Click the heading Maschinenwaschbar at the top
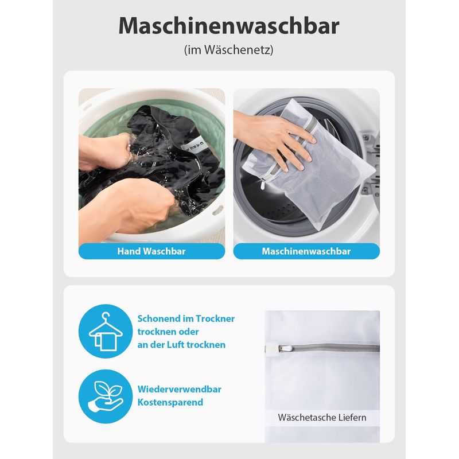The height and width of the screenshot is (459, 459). (x=229, y=26)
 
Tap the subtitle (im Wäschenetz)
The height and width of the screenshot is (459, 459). (x=228, y=50)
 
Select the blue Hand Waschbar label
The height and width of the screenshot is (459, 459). (x=151, y=251)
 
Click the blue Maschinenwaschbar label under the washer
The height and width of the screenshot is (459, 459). (x=306, y=251)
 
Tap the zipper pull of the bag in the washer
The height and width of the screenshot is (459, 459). (x=263, y=185)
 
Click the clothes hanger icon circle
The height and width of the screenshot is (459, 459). (x=106, y=331)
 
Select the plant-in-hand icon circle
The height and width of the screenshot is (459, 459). (x=106, y=396)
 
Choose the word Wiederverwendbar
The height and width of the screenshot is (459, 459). (x=180, y=389)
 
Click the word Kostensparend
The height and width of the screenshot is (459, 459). (x=170, y=402)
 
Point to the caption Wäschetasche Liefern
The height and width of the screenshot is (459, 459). (x=322, y=417)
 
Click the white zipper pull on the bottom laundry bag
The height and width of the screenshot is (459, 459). (x=287, y=349)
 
